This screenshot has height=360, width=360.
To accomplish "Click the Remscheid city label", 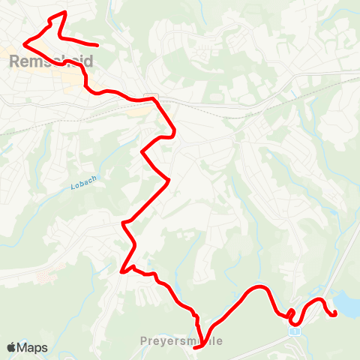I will pos(51,61).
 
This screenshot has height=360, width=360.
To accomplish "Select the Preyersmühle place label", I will pos(181,340).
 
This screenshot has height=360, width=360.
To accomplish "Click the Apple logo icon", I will pos(12,347).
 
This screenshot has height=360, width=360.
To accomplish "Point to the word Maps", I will pos(32,347).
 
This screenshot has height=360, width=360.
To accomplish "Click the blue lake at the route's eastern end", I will pos(346,301).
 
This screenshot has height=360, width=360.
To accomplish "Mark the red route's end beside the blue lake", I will pos(334,312).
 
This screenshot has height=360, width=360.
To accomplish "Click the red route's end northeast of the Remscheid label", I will pos(97,45).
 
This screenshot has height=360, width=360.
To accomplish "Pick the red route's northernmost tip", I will pos(65,13).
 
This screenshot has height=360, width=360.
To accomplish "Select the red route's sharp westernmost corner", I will pos(25,42).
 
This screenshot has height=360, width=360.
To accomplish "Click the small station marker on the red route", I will pos(150,97).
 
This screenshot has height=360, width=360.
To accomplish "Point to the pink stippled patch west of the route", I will pos(45,277).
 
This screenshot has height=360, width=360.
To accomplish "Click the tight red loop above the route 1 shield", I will pos(292,313).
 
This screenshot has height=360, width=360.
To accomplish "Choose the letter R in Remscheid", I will pos(15,61).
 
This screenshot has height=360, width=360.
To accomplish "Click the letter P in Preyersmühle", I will pos(143,340).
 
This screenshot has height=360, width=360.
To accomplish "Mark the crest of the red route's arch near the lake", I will pos(259,287).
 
